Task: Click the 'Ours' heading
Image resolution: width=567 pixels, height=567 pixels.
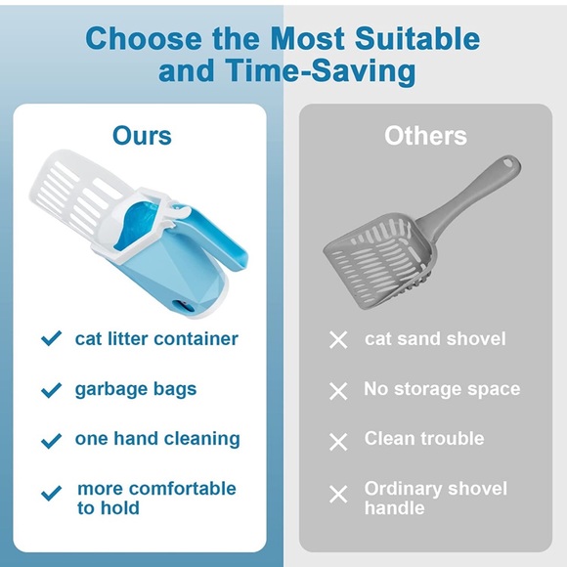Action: (142, 135)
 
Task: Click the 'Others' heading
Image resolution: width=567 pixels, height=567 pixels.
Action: (425, 135)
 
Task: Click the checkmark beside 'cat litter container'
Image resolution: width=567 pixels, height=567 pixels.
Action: (51, 339)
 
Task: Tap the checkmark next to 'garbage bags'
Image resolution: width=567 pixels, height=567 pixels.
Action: (51, 390)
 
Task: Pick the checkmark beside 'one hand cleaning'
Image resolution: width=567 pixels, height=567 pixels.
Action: (51, 440)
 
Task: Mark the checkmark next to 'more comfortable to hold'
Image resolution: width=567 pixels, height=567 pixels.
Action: (51, 492)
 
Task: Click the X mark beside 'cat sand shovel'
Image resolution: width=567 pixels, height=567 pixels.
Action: (338, 340)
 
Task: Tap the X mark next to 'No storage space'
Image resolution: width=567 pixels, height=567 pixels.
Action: (338, 391)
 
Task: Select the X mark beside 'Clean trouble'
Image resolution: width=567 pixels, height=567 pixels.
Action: (338, 442)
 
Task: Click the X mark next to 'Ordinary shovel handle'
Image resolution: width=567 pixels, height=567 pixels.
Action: (338, 494)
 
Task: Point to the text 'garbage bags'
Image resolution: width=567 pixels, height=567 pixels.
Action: (135, 389)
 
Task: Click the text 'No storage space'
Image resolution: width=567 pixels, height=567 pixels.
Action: (442, 389)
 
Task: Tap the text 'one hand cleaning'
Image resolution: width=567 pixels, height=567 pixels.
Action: (157, 439)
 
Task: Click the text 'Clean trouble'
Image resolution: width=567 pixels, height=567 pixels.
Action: (424, 439)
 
